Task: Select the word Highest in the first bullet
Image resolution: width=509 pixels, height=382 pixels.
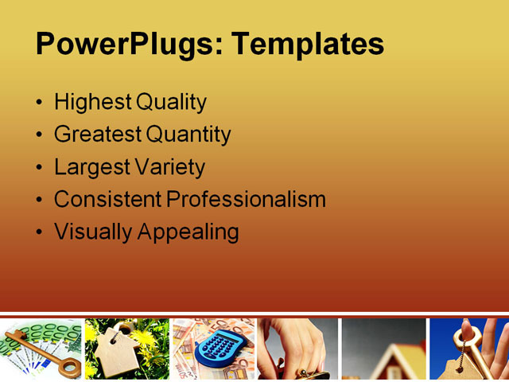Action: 92,103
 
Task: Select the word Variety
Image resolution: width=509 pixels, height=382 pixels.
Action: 170,168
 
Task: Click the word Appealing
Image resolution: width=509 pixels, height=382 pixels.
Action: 188,232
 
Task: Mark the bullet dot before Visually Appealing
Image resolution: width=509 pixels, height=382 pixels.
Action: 40,233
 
